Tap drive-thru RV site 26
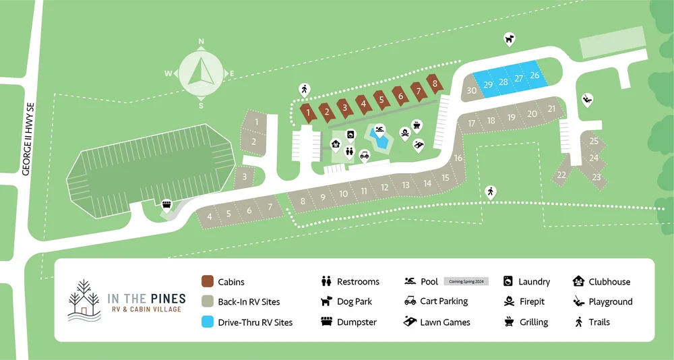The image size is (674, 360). pyautogui.click(x=535, y=76)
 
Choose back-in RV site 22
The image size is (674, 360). pyautogui.click(x=561, y=175)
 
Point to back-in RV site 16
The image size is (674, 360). pyautogui.click(x=458, y=158)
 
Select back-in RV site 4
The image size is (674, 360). pyautogui.click(x=210, y=216)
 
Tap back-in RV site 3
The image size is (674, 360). pyautogui.click(x=246, y=177)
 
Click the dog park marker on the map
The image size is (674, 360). pyautogui.click(x=510, y=39)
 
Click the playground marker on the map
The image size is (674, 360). pyautogui.click(x=587, y=98)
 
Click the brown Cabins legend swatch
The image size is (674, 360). pyautogui.click(x=208, y=282)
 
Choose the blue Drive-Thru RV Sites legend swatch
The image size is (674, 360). pyautogui.click(x=208, y=322)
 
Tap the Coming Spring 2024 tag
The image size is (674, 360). pyautogui.click(x=465, y=282)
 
